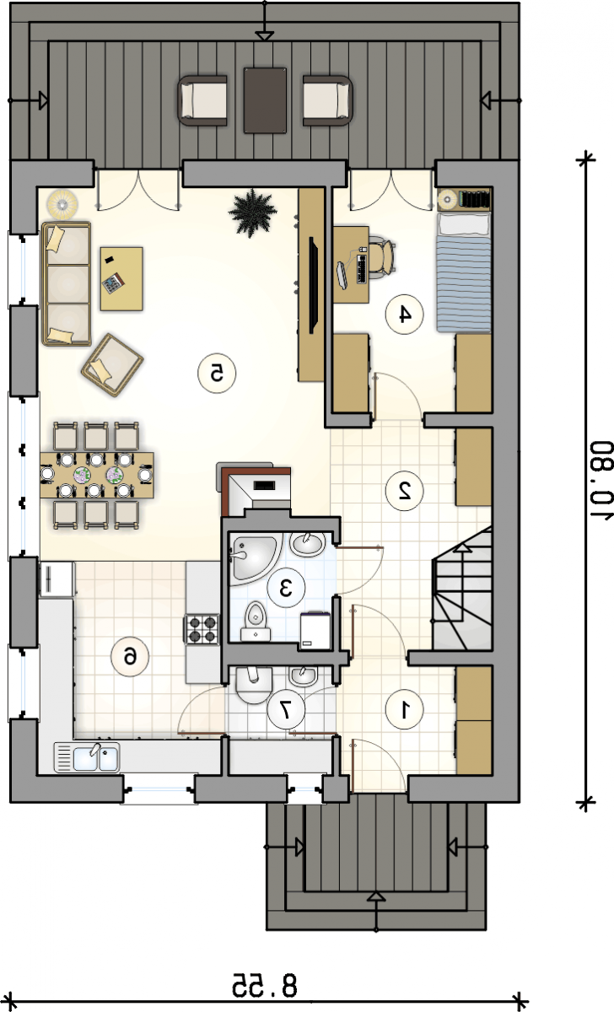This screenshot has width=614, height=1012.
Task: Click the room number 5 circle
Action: click(x=217, y=374)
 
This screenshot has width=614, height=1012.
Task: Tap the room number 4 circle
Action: click(x=404, y=315)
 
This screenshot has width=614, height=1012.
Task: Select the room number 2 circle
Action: click(x=404, y=491)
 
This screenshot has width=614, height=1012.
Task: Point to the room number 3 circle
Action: click(x=286, y=589)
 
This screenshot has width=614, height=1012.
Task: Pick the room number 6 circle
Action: click(x=130, y=657)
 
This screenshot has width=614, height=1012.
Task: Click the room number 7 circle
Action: click(x=286, y=709)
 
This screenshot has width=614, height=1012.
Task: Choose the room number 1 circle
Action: click(x=404, y=709)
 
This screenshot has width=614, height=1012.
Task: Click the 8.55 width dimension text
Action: click(x=265, y=984)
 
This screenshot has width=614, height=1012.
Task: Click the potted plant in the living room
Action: click(x=252, y=213)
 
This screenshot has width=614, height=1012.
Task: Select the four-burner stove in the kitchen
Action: click(x=202, y=629)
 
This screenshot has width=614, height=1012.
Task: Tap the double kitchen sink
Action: click(x=87, y=757)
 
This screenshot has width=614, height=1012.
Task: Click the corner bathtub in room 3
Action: click(x=255, y=557)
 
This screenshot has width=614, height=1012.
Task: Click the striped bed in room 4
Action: click(x=464, y=272)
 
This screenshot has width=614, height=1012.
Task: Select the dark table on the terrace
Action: click(x=265, y=100)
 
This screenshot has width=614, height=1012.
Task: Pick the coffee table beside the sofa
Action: click(x=121, y=279)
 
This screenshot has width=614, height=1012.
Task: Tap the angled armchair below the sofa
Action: click(x=112, y=365)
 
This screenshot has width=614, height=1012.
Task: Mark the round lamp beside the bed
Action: click(x=447, y=198)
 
